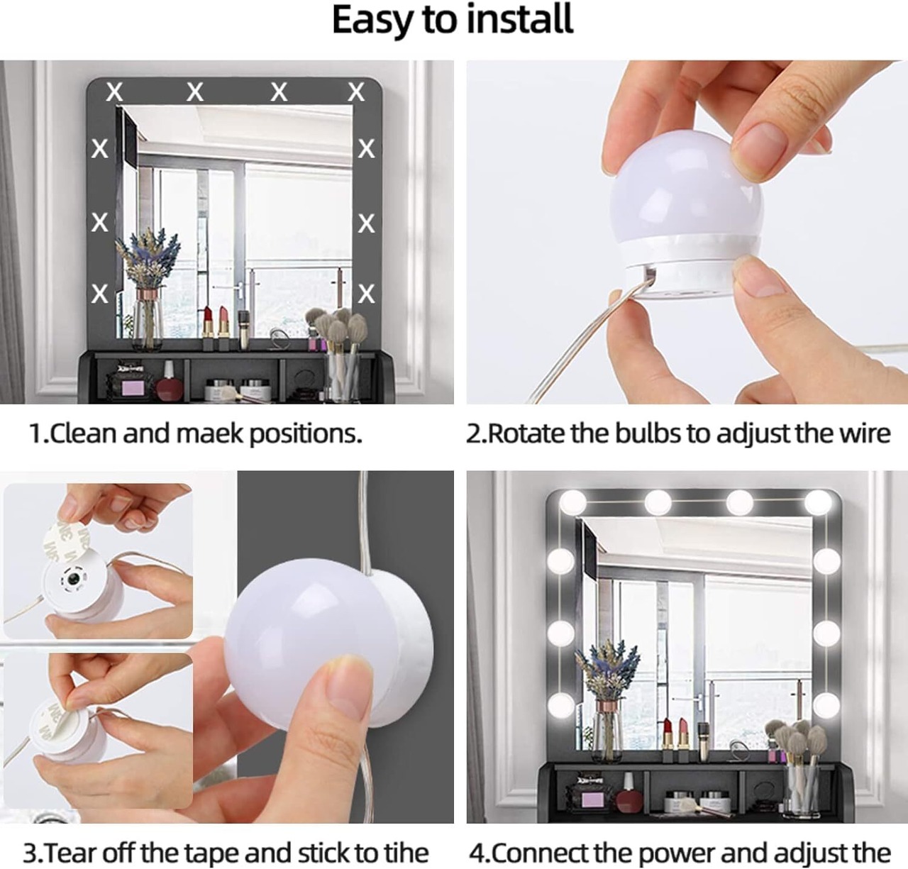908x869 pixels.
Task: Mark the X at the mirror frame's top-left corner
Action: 114,92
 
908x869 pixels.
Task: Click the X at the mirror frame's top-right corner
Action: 356,92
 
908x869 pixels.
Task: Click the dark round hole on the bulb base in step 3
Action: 72,580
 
